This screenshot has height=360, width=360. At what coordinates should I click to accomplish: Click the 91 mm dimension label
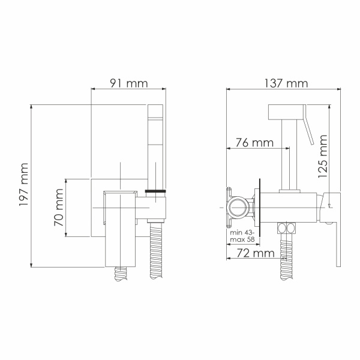tap(128, 83)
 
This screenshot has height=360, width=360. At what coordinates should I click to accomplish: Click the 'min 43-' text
tap(242, 232)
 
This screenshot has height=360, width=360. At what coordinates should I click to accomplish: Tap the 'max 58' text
tap(242, 240)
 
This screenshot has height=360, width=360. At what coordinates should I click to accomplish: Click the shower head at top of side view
tap(288, 112)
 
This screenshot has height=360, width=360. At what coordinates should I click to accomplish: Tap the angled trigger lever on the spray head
tap(310, 129)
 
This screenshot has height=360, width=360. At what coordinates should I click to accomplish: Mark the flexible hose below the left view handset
tap(156, 252)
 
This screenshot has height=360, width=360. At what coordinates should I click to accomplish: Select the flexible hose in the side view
tap(286, 258)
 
